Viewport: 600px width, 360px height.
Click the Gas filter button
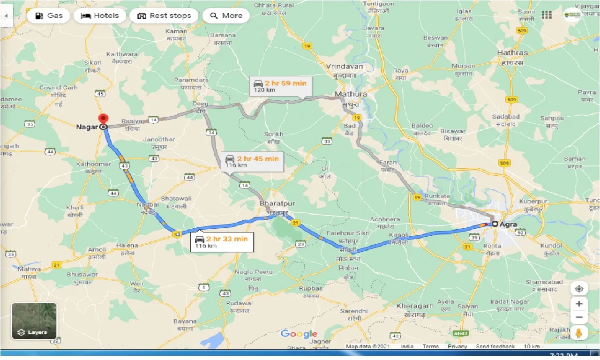pos(49,15)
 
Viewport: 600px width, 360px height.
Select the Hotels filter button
pos(100,15)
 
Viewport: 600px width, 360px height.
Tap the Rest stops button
pos(164,15)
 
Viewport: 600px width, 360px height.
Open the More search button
pos(226,15)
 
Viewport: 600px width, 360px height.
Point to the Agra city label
pos(508,224)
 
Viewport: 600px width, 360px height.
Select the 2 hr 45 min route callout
pos(252,161)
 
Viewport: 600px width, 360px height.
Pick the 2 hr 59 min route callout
pos(280,86)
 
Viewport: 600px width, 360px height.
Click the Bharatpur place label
pos(277,204)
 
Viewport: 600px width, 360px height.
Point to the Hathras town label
pos(512,53)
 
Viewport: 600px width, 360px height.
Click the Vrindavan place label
pos(345,67)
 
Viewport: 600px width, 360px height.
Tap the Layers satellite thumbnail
pos(34,321)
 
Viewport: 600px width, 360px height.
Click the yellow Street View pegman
pos(579,333)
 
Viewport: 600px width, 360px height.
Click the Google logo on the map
pos(299,334)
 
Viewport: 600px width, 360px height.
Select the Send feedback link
pos(495,346)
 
